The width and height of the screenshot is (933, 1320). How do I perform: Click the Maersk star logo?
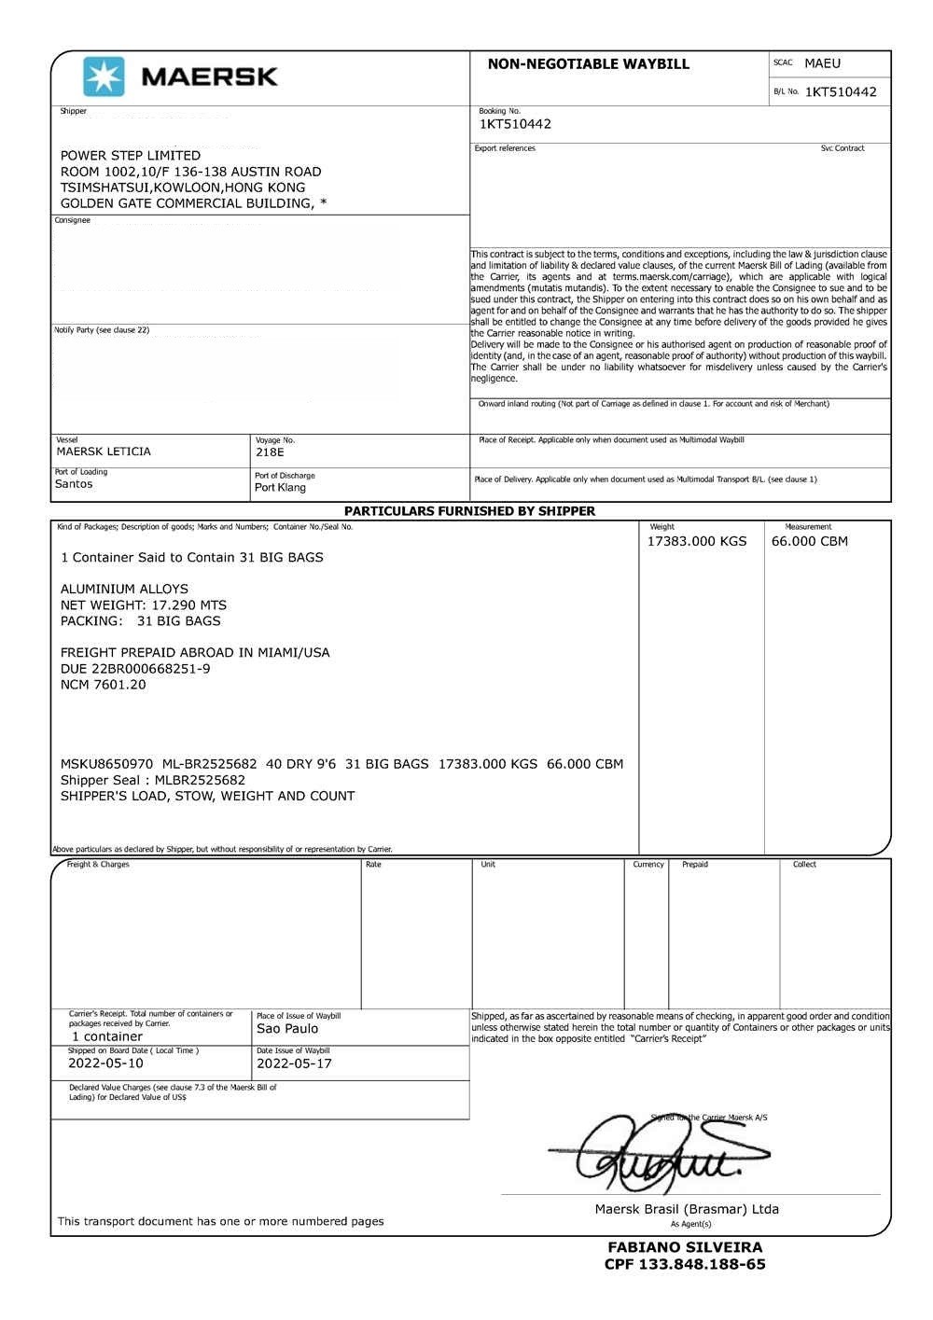point(103,76)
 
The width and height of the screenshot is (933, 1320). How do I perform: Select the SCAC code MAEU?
point(822,63)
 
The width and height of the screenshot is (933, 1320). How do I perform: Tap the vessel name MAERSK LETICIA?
point(104,452)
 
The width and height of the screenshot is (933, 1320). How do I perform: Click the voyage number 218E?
point(269,452)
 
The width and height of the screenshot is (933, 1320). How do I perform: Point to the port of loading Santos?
point(74,484)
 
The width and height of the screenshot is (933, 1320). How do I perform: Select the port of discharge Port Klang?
point(280,488)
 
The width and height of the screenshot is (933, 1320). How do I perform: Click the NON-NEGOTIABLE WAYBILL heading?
point(588,64)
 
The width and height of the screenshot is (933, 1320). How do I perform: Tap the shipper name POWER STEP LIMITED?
point(131,156)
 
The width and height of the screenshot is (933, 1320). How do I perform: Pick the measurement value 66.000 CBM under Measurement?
point(809,541)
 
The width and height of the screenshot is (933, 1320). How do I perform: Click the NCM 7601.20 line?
point(104,685)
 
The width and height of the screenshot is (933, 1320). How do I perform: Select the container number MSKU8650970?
point(106,764)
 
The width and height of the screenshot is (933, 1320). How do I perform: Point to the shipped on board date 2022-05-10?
point(105,1063)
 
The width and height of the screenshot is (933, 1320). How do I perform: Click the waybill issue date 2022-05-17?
point(294,1063)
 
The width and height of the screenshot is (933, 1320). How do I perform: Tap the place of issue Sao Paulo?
point(287,1029)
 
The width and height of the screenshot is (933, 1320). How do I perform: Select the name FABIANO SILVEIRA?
point(685,1247)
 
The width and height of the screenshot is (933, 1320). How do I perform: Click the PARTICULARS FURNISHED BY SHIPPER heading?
point(469,511)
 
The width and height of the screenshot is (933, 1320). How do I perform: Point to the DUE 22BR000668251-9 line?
point(135,669)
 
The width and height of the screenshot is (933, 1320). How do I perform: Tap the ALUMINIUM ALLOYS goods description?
point(124,589)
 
